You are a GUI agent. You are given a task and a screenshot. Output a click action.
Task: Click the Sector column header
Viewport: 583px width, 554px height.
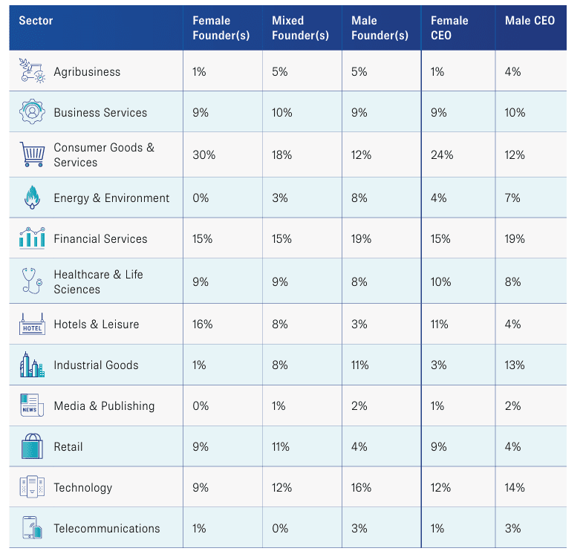36,21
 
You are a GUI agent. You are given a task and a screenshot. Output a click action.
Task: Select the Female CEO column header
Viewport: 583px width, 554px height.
449,28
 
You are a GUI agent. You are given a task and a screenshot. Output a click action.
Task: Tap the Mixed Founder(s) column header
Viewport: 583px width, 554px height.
300,28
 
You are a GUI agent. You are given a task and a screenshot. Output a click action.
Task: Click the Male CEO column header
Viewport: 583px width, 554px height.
530,21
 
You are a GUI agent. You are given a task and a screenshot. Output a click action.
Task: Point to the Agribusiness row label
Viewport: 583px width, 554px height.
87,71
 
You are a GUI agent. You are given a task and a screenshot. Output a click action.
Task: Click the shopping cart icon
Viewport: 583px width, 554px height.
33,154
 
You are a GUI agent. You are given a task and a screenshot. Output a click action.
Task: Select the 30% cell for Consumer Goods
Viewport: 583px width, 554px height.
203,154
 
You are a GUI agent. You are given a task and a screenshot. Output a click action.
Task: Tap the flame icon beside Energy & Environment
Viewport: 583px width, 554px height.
33,197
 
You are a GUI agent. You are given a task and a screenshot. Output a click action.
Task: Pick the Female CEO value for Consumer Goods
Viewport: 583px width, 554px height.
442,154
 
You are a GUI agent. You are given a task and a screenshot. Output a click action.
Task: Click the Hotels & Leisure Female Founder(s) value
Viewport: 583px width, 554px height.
202,325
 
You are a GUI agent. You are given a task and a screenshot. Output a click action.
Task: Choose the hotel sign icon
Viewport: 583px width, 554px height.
33,324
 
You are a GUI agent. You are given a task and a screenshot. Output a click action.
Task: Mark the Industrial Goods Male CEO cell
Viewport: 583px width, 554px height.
515,365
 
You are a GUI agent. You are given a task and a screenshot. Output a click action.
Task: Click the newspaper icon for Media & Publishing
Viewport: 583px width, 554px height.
33,405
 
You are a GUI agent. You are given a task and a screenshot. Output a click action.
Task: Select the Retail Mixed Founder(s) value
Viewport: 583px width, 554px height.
280,446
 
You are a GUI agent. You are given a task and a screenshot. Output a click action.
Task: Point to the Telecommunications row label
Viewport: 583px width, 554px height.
107,528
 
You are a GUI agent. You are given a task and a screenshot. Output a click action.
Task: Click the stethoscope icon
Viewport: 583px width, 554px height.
33,281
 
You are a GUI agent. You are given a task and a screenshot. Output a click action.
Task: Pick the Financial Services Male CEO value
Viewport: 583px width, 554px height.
515,238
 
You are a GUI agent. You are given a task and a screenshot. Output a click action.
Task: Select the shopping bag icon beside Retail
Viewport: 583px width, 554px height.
33,446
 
